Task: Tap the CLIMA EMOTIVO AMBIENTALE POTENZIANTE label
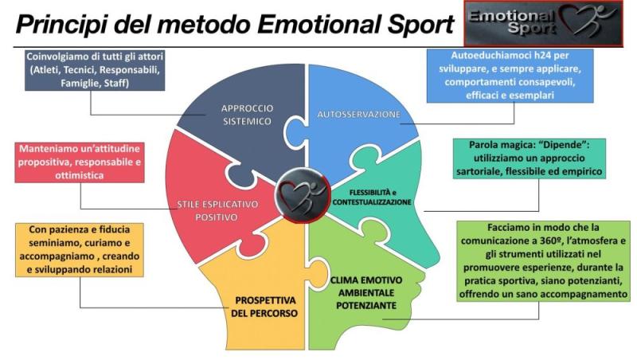366,293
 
